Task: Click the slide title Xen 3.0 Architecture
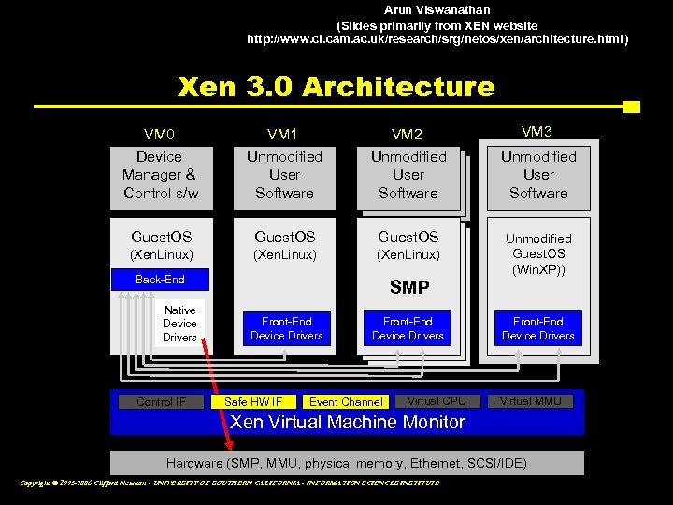click(x=336, y=87)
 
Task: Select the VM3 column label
click(x=537, y=132)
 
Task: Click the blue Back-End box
click(x=160, y=280)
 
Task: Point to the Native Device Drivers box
click(x=179, y=324)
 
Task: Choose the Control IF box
click(x=161, y=402)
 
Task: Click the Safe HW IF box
click(x=253, y=402)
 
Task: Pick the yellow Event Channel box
click(x=345, y=402)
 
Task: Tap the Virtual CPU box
click(x=437, y=401)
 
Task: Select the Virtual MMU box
click(x=530, y=401)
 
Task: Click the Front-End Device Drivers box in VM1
click(x=286, y=328)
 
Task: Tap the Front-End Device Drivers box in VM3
click(x=537, y=328)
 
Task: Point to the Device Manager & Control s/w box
click(x=160, y=175)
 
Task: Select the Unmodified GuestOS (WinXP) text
click(x=537, y=254)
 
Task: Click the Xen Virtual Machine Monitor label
click(x=347, y=423)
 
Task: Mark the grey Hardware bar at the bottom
click(x=347, y=463)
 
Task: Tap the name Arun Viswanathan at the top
click(x=437, y=9)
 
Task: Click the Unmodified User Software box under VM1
click(x=284, y=175)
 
